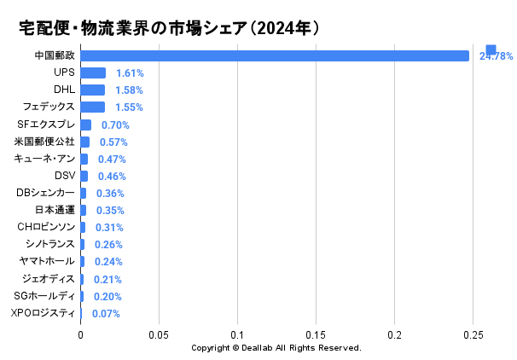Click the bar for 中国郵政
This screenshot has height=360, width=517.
pos(275,55)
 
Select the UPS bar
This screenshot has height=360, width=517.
pos(93,73)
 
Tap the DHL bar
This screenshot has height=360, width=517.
pos(92,90)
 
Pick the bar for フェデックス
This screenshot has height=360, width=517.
pos(92,107)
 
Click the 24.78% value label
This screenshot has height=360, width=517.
pos(496,56)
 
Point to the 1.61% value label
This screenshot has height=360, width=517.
pos(130,73)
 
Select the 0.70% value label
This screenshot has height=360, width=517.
pos(115,125)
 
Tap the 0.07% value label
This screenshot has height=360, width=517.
pos(106,313)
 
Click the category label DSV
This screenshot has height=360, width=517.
pos(64,176)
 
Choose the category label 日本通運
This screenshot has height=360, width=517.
pos(55,210)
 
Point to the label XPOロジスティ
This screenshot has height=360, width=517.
pos(43,313)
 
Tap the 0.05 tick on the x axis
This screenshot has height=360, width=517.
pos(159,335)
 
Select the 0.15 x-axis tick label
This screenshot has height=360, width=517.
pos(316,335)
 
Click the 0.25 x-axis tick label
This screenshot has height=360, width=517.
pos(473,335)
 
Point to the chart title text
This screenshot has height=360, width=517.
pos(169,28)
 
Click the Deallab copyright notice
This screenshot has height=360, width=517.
pos(276,348)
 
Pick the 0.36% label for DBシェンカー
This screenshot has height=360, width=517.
pos(110,193)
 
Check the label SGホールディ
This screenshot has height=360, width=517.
pos(44,296)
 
